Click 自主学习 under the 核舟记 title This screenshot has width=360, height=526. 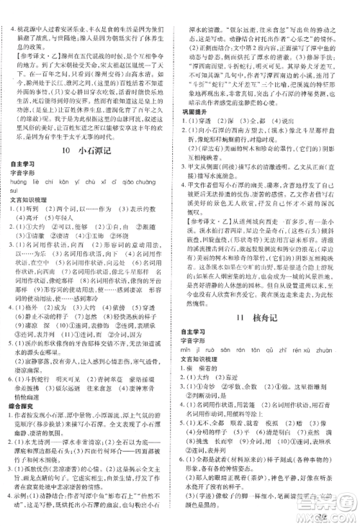[x=203, y=332]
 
